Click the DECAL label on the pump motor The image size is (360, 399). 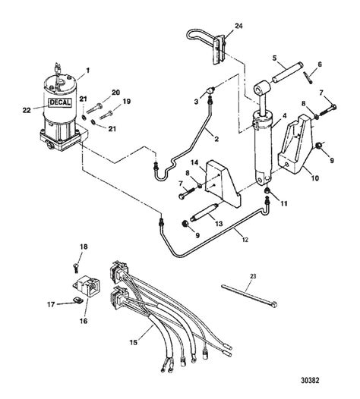pyautogui.click(x=61, y=102)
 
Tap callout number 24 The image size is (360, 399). pyautogui.click(x=238, y=26)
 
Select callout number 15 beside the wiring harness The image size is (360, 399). pyautogui.click(x=134, y=343)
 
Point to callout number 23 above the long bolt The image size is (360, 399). pyautogui.click(x=253, y=276)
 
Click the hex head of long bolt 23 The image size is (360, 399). pyautogui.click(x=274, y=304)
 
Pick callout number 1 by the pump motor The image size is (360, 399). pyautogui.click(x=87, y=71)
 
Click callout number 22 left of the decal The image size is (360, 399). pyautogui.click(x=27, y=110)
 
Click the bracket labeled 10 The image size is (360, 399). pyautogui.click(x=295, y=145)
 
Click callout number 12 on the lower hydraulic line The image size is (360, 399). pyautogui.click(x=245, y=240)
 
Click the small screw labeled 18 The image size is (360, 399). pyautogui.click(x=76, y=268)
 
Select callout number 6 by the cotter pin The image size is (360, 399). pyautogui.click(x=320, y=64)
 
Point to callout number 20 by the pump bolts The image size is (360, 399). pyautogui.click(x=115, y=92)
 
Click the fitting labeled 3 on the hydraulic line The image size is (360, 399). pyautogui.click(x=211, y=90)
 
